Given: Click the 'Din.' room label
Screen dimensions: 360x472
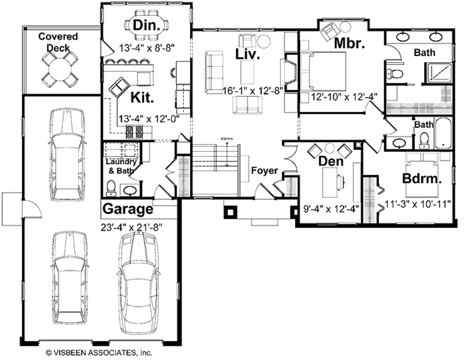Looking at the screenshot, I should point(147,25).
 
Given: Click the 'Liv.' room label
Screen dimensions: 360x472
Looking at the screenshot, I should point(248,53).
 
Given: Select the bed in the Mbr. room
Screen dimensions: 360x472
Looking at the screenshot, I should point(324,71).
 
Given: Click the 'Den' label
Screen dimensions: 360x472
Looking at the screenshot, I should point(330,161).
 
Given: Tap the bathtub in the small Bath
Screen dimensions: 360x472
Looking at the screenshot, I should point(443,134).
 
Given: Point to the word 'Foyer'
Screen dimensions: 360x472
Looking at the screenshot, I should point(264,171).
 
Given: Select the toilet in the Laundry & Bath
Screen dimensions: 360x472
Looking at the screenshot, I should point(111,188).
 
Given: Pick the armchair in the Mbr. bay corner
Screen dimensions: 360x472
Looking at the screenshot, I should point(329,31).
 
